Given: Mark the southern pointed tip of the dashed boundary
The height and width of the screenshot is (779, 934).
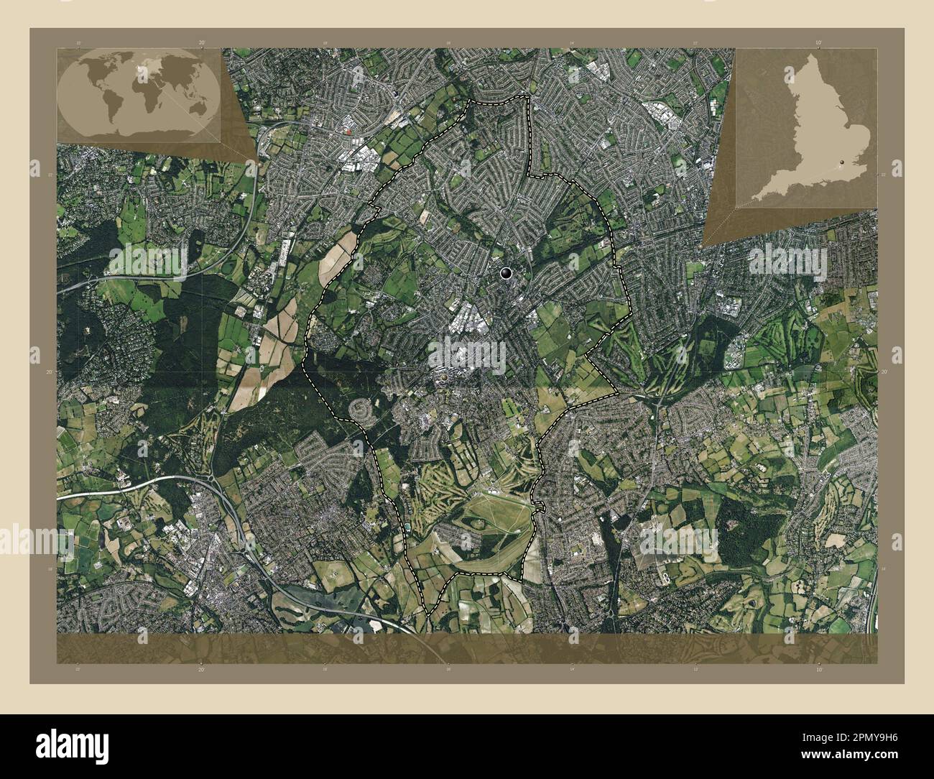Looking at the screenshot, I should pos(428,613).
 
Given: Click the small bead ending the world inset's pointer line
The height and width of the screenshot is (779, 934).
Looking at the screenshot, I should pos(258,156).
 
